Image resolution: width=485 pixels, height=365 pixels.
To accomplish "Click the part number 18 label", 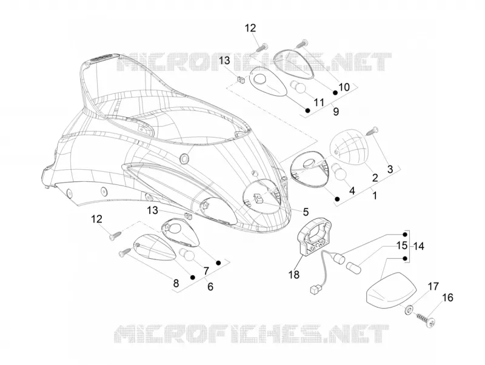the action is pos(294,274).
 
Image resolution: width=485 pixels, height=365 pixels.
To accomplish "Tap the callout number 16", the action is pos(447,298).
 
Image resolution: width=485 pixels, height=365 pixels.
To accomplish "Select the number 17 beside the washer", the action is pos(433,287).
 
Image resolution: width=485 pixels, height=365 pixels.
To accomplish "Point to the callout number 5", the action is pos(306,212).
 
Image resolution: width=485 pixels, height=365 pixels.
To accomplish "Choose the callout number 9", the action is pos(336,112).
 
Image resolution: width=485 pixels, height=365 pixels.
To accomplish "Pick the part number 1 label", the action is pos(375,195).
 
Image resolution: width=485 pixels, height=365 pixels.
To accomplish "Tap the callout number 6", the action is pos(210,287).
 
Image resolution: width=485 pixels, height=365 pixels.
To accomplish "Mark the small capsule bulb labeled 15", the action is pos(353,266).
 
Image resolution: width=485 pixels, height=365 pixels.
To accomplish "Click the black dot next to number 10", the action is pos(335,93).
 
